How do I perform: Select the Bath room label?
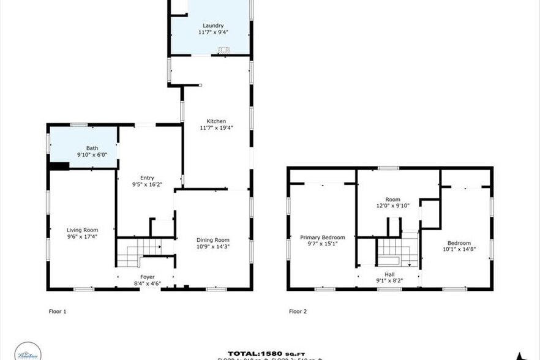tap(92, 148)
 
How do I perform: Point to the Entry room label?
tap(147, 178)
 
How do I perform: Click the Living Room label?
tap(82, 230)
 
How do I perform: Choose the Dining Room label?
tap(212, 239)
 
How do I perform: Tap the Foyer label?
tap(147, 277)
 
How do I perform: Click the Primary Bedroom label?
tap(322, 237)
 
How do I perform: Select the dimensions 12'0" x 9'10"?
tap(392, 206)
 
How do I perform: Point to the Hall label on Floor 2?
tap(390, 275)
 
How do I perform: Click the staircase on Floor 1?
tap(138, 252)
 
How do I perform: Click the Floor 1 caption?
tap(57, 312)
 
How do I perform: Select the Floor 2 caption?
tap(298, 312)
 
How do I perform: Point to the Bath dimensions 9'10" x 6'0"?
tap(92, 155)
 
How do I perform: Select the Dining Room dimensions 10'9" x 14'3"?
tap(212, 246)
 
